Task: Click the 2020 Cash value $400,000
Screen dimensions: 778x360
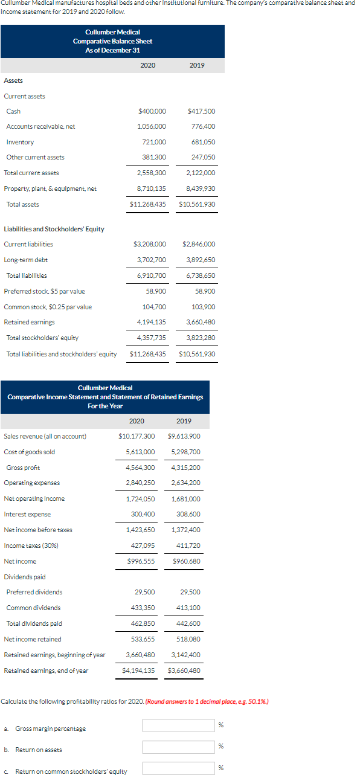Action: (152, 111)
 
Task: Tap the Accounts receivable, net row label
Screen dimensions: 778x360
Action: (40, 126)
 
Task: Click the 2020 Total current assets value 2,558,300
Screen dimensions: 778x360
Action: (152, 173)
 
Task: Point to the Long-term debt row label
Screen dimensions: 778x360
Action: (26, 260)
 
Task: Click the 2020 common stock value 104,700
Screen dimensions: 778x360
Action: (155, 307)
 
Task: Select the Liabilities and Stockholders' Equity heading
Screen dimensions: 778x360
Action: (54, 229)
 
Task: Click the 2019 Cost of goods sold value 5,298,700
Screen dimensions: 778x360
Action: (186, 452)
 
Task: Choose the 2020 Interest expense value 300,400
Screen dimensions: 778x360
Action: (143, 514)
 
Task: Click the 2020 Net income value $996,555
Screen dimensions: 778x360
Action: (141, 561)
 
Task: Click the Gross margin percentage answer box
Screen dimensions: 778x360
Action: (178, 725)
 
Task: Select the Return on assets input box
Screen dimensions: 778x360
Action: (178, 747)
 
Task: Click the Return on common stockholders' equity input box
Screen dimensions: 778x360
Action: (178, 769)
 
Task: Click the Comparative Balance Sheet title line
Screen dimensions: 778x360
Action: (112, 41)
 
